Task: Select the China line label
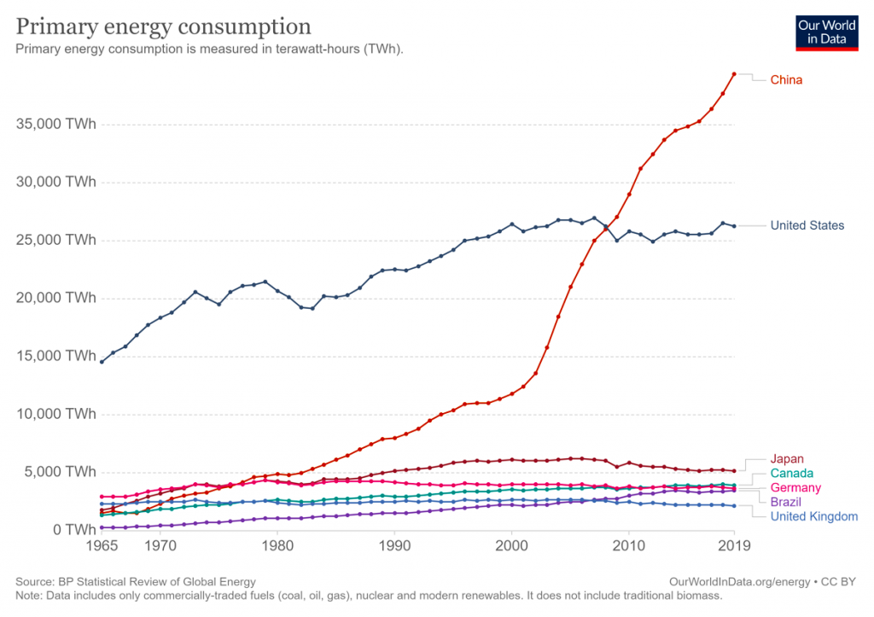(786, 80)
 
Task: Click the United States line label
(807, 225)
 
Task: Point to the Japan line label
(787, 459)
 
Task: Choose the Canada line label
(791, 474)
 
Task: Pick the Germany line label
(795, 488)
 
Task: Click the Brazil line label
(785, 502)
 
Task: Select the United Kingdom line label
(813, 516)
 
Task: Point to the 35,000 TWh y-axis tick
(56, 125)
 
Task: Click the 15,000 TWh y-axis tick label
(56, 356)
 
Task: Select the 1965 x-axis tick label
(102, 544)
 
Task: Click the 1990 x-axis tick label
(394, 544)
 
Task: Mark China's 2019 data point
(734, 74)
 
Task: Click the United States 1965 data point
(102, 362)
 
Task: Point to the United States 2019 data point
(734, 226)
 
